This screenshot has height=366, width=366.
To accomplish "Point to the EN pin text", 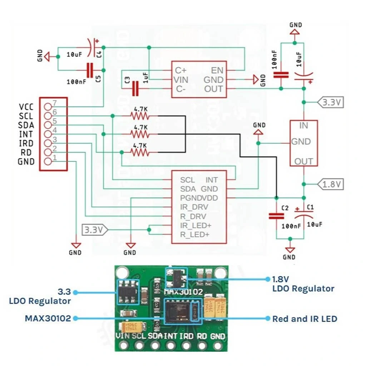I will point(217,70).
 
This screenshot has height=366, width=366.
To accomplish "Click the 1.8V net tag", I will point(332,184).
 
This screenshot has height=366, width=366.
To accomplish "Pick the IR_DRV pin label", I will point(194,207).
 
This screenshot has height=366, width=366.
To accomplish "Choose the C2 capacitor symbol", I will point(276,216).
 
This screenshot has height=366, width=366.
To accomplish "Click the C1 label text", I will point(310,207).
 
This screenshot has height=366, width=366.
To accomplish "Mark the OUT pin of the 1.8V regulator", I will point(303,162).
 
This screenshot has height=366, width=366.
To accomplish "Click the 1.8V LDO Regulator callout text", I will point(303,284).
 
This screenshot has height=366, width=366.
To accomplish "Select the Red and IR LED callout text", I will point(305,318).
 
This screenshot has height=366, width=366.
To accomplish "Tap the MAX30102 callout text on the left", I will point(48,318).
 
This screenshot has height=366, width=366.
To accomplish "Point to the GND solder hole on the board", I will point(218,346).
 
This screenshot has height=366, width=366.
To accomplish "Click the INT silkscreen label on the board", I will point(171,336).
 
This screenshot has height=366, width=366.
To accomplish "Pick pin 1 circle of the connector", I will point(48,162).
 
